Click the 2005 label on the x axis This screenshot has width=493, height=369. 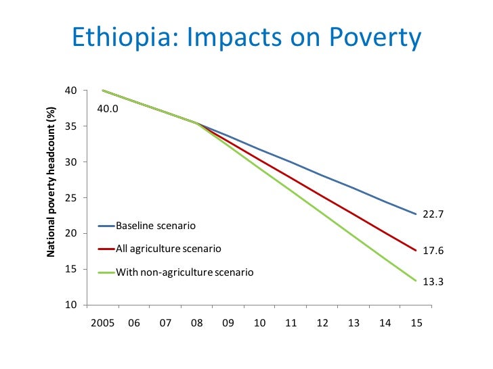(102, 323)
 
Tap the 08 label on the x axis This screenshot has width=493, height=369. (196, 323)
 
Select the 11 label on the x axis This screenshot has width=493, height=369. (291, 323)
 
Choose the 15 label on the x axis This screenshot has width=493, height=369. (416, 323)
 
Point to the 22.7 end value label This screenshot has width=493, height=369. (433, 214)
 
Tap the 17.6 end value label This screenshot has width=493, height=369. (433, 251)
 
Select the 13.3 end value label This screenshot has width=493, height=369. (433, 282)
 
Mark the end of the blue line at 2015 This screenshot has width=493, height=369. (416, 214)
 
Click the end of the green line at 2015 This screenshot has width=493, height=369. (416, 280)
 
